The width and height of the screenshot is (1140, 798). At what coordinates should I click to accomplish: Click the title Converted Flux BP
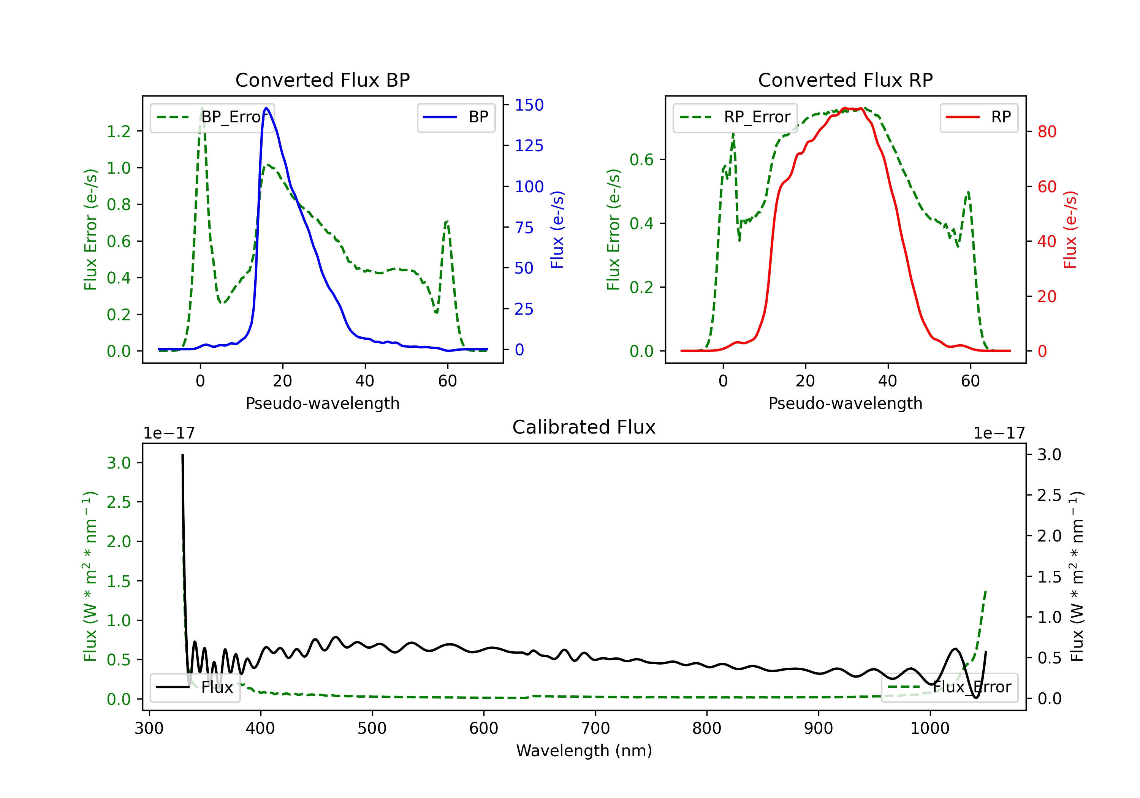322,80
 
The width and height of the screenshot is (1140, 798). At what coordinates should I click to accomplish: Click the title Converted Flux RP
845,80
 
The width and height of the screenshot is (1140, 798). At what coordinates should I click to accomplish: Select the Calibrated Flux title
584,427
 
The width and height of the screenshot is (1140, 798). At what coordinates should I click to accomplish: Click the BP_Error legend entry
212,117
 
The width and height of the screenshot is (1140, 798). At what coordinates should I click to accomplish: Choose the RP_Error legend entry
735,117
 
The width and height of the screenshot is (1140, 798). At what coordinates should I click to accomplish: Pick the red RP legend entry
978,117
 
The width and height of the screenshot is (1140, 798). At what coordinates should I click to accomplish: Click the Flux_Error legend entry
949,687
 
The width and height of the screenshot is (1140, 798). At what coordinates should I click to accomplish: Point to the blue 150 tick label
529,105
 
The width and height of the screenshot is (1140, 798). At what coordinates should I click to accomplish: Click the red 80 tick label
1047,131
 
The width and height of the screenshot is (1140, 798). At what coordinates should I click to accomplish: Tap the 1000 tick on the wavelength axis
930,728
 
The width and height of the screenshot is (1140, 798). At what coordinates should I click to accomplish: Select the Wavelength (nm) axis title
584,750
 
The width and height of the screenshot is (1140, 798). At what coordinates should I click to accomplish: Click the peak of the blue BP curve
267,108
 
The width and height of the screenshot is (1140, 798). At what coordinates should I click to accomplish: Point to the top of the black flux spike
183,455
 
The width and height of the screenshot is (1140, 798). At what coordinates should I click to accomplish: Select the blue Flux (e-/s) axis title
557,230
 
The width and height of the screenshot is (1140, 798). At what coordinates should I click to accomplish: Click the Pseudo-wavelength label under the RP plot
845,403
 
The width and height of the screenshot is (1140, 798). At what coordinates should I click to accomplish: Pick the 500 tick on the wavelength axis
372,728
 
